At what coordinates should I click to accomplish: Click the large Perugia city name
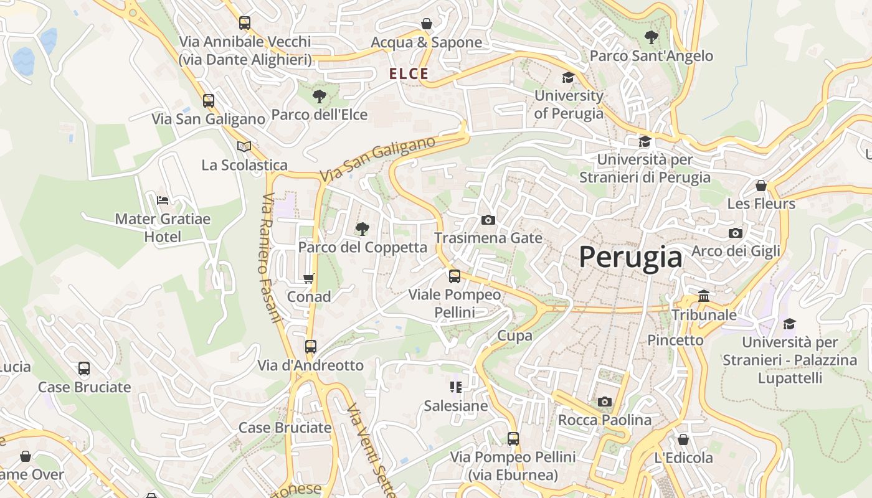[630, 256]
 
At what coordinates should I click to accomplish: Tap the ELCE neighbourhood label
[409, 74]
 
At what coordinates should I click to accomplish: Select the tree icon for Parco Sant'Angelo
[651, 37]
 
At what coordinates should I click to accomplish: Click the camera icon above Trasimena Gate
[488, 220]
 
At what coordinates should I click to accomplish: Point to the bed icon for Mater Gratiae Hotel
[163, 200]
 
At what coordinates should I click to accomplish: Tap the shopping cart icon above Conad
[308, 278]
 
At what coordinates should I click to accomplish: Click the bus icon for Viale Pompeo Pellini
[455, 276]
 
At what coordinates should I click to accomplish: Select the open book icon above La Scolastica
[244, 146]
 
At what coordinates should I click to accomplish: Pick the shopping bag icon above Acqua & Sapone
[427, 24]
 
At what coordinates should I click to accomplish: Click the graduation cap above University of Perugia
[568, 77]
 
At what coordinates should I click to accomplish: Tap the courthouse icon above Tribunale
[704, 296]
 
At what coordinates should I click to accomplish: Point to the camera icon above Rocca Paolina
[604, 402]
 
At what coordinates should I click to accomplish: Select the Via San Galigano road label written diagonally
[377, 159]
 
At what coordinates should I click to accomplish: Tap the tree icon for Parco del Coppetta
[362, 229]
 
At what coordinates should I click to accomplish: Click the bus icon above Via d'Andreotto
[310, 347]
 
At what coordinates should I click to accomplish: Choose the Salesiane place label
[455, 406]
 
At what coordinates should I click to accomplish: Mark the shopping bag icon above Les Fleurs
[761, 186]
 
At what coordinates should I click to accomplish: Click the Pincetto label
[675, 340]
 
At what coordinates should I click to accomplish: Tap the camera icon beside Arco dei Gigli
[735, 233]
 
